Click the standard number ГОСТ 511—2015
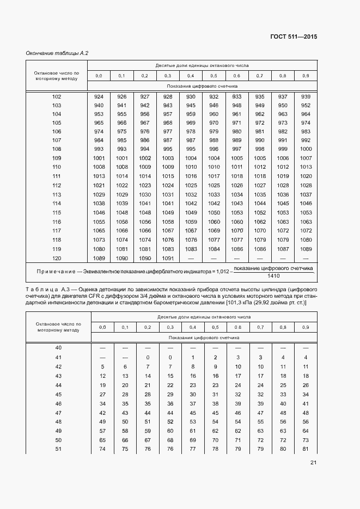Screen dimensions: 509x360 (294, 37)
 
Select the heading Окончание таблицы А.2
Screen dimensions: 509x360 (57, 53)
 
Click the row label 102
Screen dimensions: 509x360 (57, 96)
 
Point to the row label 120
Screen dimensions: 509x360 (57, 257)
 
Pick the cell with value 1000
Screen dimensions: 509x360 (306, 149)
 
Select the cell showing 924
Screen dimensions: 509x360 (99, 96)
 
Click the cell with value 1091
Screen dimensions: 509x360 (168, 257)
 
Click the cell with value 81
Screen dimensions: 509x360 (306, 449)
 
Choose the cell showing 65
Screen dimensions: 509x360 (102, 440)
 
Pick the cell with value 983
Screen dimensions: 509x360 (306, 131)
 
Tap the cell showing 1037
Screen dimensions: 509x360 (306, 194)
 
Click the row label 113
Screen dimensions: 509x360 (57, 194)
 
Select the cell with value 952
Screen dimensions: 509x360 (306, 105)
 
